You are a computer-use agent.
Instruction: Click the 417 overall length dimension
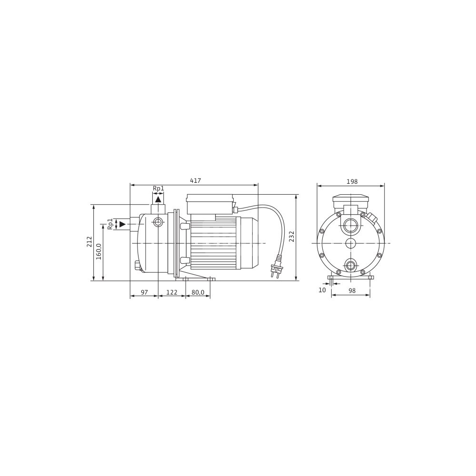(196, 180)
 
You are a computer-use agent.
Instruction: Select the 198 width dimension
(352, 181)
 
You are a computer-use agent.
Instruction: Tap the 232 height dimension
(292, 237)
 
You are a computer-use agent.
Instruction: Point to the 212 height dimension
(89, 242)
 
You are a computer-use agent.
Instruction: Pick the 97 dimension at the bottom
(144, 292)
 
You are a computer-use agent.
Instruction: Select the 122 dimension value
(172, 292)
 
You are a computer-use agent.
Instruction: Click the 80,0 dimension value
(198, 292)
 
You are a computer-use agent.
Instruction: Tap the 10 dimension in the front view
(322, 290)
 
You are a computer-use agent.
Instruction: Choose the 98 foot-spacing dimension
(352, 290)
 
